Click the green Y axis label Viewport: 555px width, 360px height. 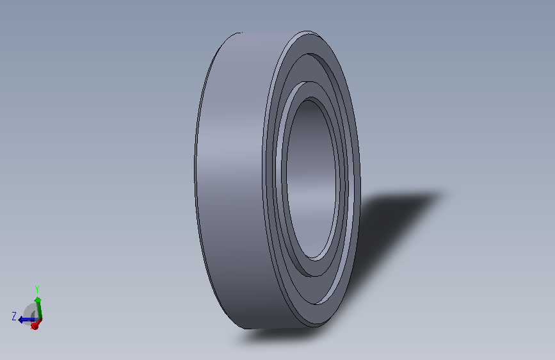click(37, 289)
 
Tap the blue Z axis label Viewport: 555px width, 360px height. click(14, 316)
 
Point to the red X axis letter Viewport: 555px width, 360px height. click(34, 327)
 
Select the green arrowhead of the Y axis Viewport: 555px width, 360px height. click(38, 300)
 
